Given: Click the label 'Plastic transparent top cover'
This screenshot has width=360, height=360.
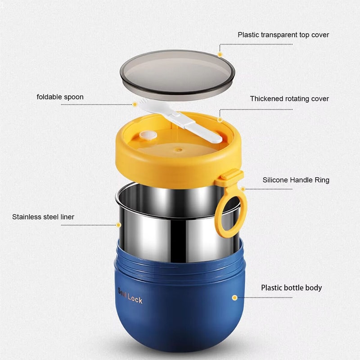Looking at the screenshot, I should click(283, 35).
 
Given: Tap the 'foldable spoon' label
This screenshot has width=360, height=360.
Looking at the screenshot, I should click(60, 97).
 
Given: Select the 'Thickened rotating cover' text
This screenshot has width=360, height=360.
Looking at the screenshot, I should click(289, 99).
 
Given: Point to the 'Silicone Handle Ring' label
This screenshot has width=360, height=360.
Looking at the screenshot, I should click(296, 180).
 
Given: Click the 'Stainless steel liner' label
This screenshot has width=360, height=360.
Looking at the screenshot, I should click(43, 217).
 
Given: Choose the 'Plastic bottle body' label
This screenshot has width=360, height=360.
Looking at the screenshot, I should click(291, 288).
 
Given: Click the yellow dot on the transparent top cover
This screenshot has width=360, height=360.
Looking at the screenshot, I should click(220, 54).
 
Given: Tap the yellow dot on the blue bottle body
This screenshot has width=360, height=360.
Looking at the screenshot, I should click(234, 297).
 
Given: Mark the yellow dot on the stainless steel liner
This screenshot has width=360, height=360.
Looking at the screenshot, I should click(119, 225).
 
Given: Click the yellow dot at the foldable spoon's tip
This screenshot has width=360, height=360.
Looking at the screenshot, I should click(135, 104).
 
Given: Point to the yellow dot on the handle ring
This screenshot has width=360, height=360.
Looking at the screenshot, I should click(243, 189).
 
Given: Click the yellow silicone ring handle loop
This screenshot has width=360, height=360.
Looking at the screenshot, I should click(231, 211).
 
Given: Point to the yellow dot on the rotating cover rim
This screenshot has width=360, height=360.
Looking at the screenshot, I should click(220, 119).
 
